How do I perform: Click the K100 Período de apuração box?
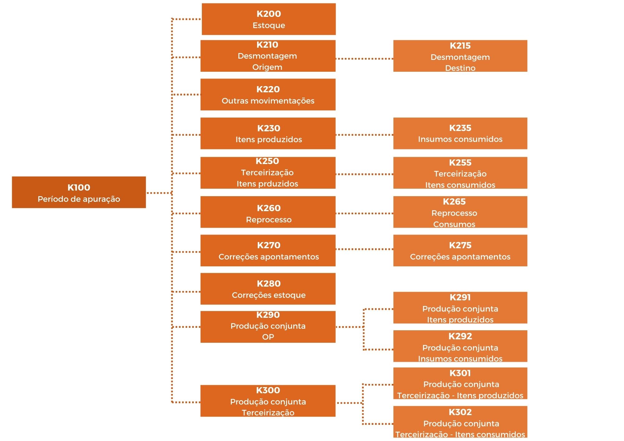(79, 192)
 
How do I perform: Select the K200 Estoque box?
(269, 19)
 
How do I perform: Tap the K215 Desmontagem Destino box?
(460, 56)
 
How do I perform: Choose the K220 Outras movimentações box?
(268, 94)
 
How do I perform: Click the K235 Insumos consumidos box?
(460, 133)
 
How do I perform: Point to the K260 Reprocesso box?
(268, 212)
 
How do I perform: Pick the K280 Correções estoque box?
(268, 289)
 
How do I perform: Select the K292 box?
(460, 346)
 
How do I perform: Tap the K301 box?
(460, 383)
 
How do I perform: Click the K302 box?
(460, 422)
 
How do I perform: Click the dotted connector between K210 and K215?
(364, 58)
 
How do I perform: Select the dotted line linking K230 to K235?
(364, 135)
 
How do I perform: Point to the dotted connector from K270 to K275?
(364, 249)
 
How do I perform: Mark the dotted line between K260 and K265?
(364, 213)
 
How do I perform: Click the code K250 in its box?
(267, 161)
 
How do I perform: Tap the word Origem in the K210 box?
(267, 67)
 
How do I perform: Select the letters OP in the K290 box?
(268, 337)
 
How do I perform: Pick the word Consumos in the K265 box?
(454, 224)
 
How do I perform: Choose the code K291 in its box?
(460, 298)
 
